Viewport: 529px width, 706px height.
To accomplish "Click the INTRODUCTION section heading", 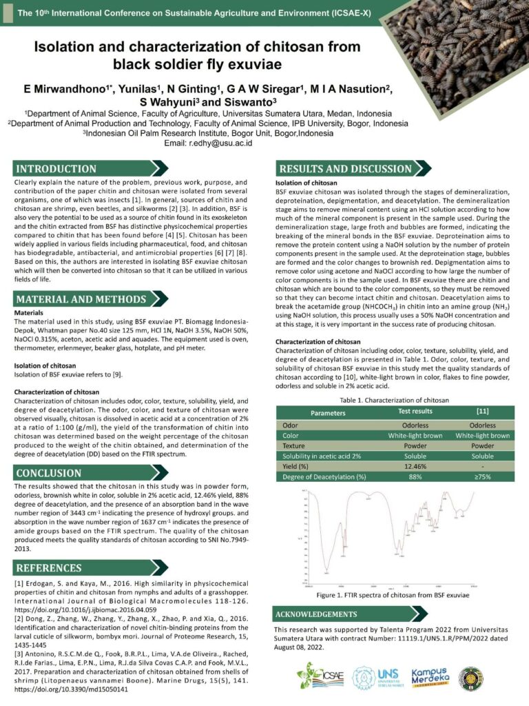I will click(x=56, y=169).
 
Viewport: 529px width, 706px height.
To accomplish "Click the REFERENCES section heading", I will click(x=49, y=568).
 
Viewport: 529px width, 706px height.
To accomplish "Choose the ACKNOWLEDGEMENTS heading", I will click(x=316, y=614).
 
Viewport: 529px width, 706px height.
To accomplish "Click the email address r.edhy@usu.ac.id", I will click(x=218, y=143).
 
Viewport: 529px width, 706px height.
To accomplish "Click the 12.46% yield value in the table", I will click(x=415, y=465).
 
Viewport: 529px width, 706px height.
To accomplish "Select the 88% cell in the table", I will click(x=415, y=476).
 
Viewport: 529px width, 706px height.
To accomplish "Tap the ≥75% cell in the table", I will click(x=483, y=476).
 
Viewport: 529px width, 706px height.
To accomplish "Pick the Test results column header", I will click(x=415, y=411).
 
